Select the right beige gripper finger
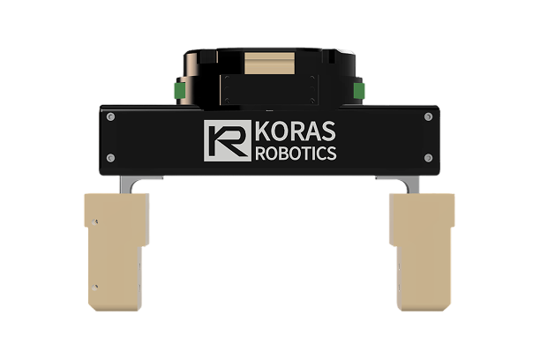[x=421, y=251]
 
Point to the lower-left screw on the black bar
[x=109, y=158]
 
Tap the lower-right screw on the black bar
[x=429, y=158]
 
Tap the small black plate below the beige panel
[x=270, y=89]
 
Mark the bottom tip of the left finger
[x=115, y=311]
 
